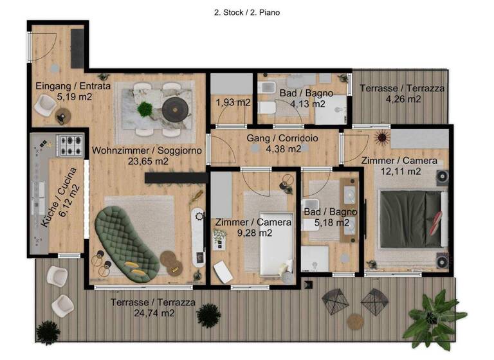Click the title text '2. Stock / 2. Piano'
pyautogui.click(x=246, y=12)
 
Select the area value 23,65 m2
pyautogui.click(x=147, y=162)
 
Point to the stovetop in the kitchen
pyautogui.click(x=69, y=145)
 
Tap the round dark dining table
pyautogui.click(x=173, y=109)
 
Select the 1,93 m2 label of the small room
pyautogui.click(x=232, y=102)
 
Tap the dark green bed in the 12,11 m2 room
pyautogui.click(x=410, y=218)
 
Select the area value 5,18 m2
pyautogui.click(x=327, y=222)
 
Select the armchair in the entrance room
pyautogui.click(x=46, y=104)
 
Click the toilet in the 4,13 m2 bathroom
pyautogui.click(x=267, y=107)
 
